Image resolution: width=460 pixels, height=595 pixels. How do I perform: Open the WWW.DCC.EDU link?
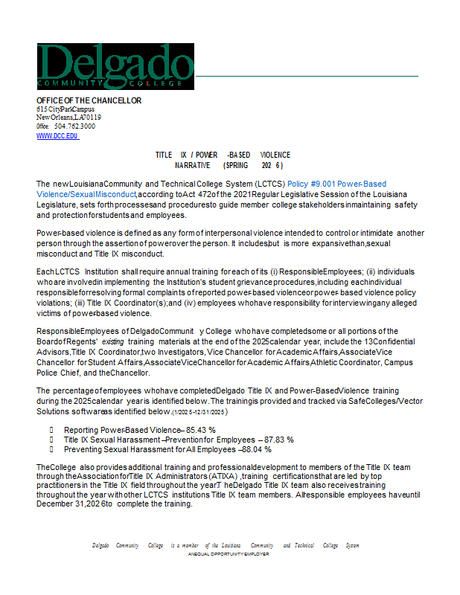(57, 136)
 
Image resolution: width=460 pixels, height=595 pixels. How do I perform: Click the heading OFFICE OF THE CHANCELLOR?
(89, 100)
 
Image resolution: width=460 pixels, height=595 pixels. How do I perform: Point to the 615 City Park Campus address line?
(66, 109)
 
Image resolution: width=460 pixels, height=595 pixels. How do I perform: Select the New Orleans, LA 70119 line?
(69, 118)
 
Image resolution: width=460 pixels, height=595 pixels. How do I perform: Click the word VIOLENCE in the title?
(275, 155)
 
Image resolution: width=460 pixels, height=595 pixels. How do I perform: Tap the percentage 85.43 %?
(201, 430)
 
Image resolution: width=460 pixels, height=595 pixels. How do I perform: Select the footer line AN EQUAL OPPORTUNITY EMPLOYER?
(229, 554)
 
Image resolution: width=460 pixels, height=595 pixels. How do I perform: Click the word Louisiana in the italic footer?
(230, 545)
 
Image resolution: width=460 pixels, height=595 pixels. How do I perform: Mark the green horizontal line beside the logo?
(306, 76)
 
